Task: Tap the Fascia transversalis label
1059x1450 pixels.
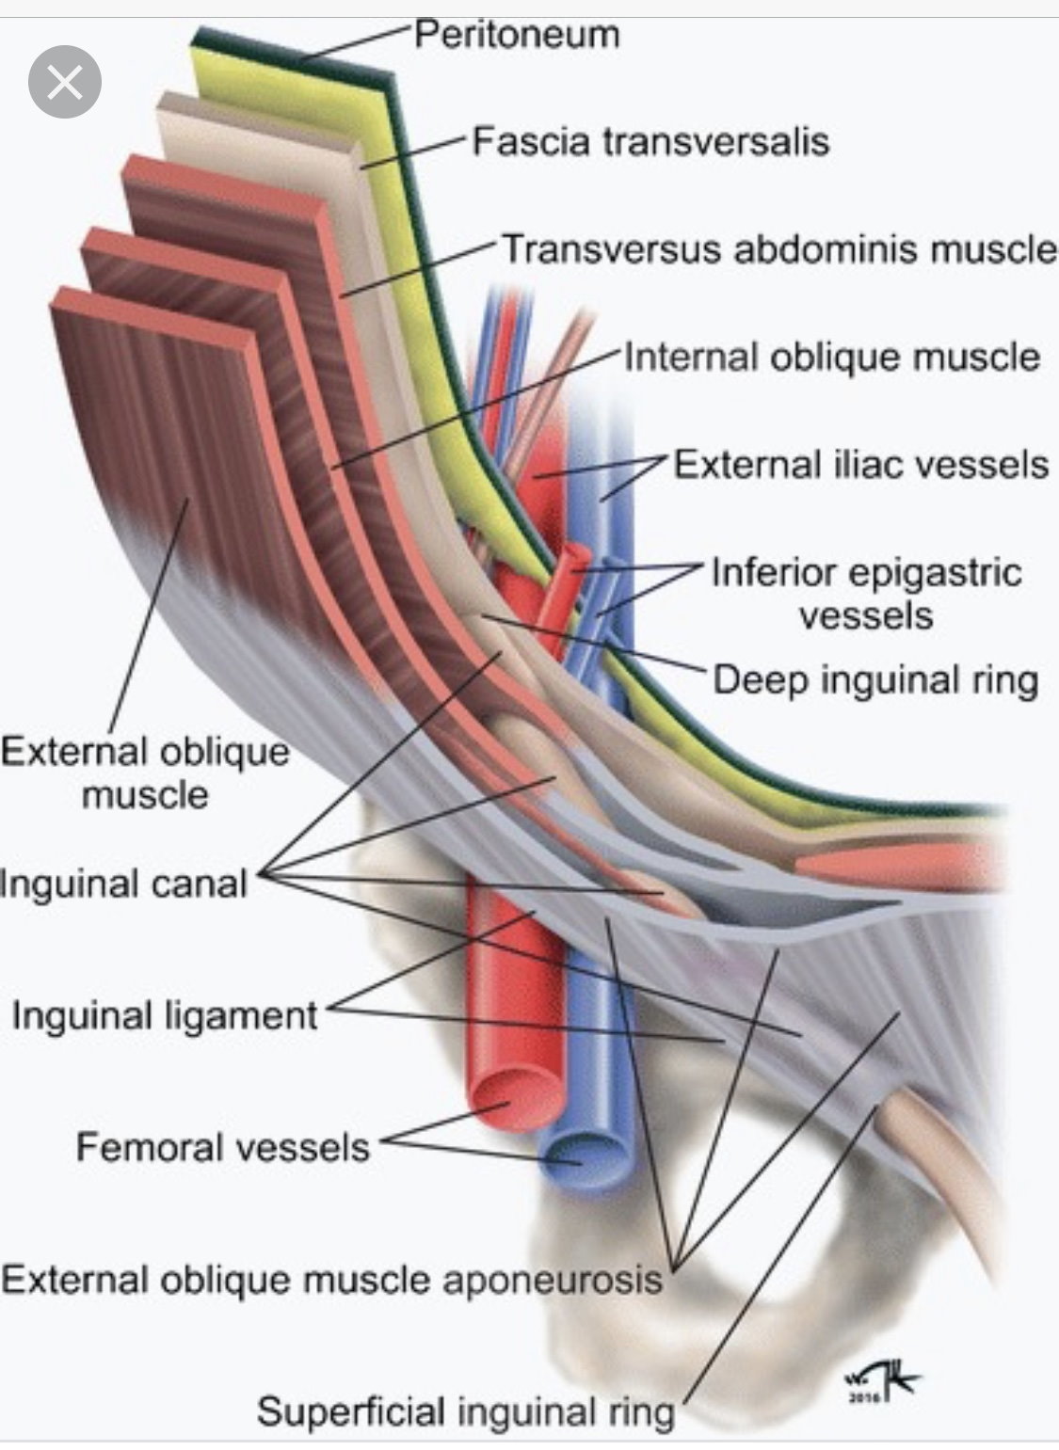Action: (650, 142)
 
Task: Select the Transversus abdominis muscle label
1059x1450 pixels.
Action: (778, 250)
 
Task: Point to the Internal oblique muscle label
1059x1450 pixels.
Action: (832, 358)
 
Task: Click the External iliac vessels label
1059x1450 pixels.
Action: (860, 465)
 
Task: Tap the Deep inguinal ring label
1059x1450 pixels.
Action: (875, 679)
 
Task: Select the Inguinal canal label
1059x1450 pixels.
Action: (124, 884)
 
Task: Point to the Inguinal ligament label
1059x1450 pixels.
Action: (165, 1016)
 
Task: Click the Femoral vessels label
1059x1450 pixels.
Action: (223, 1148)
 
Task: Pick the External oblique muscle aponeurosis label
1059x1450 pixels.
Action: (332, 1281)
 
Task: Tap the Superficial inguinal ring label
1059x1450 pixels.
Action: (466, 1412)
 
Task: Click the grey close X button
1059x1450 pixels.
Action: (64, 83)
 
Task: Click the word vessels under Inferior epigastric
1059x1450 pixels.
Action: (866, 615)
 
